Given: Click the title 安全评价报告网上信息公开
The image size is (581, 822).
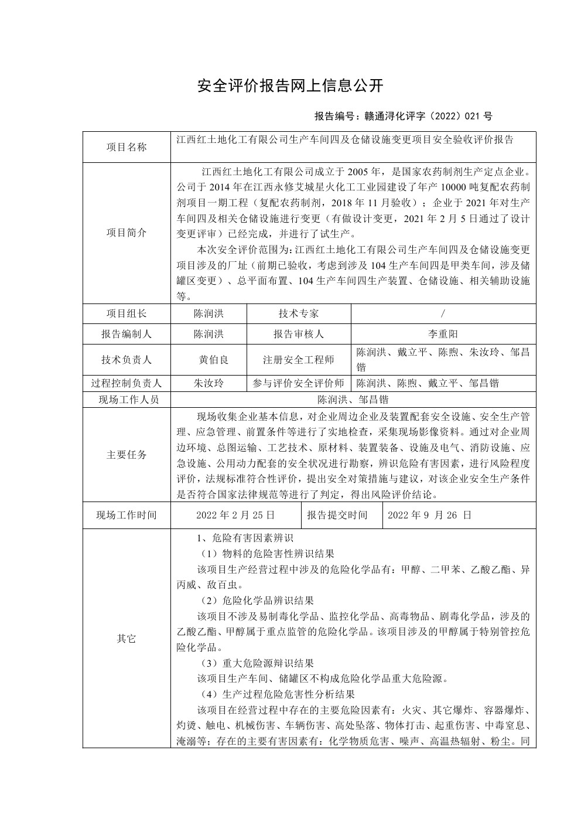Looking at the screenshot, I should tap(290, 86).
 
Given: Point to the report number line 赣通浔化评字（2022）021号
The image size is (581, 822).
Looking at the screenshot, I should tap(404, 116).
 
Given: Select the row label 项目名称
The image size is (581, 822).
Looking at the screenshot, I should tap(127, 147).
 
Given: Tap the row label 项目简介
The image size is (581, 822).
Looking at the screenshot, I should tap(127, 233).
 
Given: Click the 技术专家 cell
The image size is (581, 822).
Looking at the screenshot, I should tap(299, 313).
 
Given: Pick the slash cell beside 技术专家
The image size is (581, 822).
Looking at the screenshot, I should tap(443, 313).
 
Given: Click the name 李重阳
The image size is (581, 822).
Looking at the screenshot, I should tap(443, 334).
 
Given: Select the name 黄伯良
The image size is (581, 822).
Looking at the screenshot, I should tap(213, 360).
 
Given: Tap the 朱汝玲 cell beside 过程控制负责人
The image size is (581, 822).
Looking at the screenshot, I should tap(209, 383).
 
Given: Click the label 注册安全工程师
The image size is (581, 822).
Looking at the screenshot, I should tap(299, 360).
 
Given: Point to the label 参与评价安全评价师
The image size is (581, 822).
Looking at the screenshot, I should tap(299, 383).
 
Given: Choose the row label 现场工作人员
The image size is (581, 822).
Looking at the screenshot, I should tap(127, 400).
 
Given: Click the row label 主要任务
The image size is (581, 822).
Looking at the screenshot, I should tap(127, 455).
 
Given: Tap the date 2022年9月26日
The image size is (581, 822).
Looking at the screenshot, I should tap(430, 516).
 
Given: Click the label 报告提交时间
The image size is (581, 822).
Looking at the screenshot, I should tap(337, 516).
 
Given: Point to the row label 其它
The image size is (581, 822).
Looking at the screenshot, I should tap(127, 639).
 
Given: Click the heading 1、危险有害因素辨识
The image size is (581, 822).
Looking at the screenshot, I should tap(245, 538).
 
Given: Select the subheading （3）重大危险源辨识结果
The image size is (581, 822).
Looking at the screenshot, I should tap(256, 663).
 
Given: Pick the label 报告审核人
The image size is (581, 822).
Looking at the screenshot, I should tap(299, 334).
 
